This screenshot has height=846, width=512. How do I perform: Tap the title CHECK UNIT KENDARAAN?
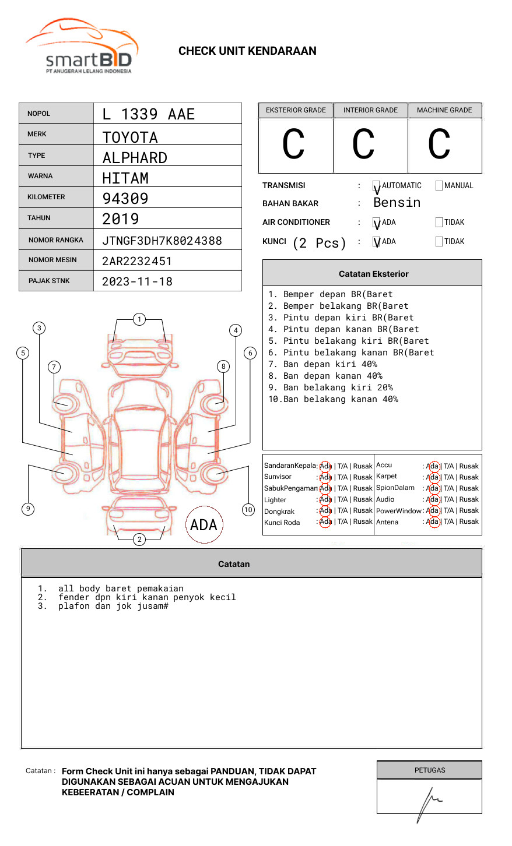point(247,51)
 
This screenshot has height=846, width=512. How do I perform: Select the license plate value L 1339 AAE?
point(148,114)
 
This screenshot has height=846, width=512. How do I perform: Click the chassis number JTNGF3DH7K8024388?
point(162,241)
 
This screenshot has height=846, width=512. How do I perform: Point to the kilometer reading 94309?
point(125,199)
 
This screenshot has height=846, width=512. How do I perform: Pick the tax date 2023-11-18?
point(138,282)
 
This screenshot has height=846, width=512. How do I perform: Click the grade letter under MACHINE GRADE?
point(439,144)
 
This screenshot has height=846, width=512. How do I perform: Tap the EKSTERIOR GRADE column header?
point(296,110)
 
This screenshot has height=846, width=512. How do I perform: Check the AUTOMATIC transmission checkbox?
point(377,186)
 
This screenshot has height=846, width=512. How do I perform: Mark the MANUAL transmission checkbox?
point(439,186)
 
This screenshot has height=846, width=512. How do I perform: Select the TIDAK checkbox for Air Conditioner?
point(439,223)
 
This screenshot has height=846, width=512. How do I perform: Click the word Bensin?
point(397,203)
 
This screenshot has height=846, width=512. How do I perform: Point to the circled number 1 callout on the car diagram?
point(139,319)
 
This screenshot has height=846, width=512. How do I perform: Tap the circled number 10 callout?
point(248,510)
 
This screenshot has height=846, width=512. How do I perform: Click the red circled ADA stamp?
point(204,524)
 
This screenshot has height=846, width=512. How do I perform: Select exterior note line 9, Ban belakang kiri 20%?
point(331,387)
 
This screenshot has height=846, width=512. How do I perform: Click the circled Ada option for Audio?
point(433,499)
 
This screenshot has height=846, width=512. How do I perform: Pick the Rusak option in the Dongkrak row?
point(363,510)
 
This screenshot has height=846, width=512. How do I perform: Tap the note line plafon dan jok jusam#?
point(113,607)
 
